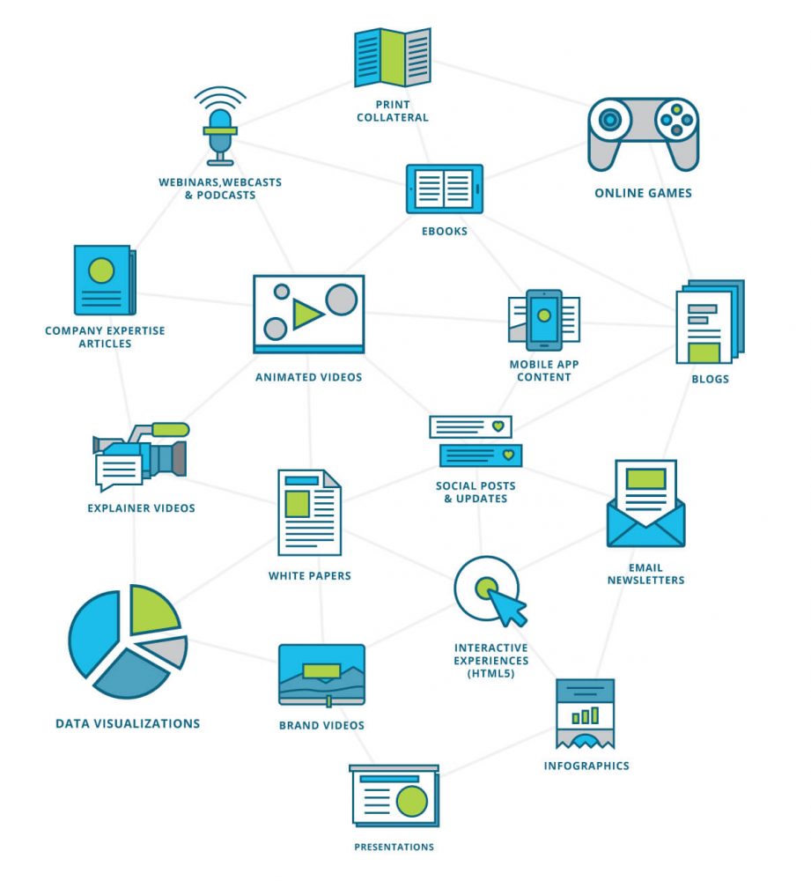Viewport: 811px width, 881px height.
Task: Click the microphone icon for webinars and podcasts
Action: click(x=219, y=130)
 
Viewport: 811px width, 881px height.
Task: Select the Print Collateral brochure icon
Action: click(x=392, y=58)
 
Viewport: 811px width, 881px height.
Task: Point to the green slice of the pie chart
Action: click(x=152, y=610)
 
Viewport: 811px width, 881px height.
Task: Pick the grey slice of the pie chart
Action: click(x=166, y=651)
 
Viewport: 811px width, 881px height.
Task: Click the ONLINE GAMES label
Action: click(x=643, y=193)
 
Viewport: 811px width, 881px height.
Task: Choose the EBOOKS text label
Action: click(x=444, y=232)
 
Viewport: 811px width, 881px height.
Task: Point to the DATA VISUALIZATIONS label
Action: click(x=128, y=723)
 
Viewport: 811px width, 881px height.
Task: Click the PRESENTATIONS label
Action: click(x=394, y=847)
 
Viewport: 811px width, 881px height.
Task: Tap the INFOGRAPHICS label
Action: click(x=586, y=766)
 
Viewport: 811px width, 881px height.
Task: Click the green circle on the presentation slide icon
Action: click(x=411, y=801)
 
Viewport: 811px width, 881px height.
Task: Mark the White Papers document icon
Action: click(x=309, y=512)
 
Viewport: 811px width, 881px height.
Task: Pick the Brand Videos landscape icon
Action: click(x=321, y=674)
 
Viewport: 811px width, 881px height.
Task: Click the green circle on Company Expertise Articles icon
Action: click(x=101, y=270)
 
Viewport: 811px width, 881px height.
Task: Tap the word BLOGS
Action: click(x=710, y=380)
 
